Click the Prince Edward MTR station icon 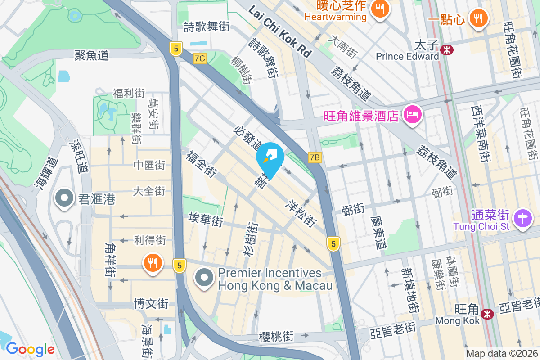point(447,49)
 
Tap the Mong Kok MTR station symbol point(486,314)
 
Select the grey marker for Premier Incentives point(204,277)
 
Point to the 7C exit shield point(200,58)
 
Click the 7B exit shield point(315,157)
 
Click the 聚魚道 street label point(92,55)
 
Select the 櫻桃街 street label point(276,336)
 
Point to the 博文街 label point(151,304)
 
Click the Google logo point(30,349)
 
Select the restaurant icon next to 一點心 point(479,18)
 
